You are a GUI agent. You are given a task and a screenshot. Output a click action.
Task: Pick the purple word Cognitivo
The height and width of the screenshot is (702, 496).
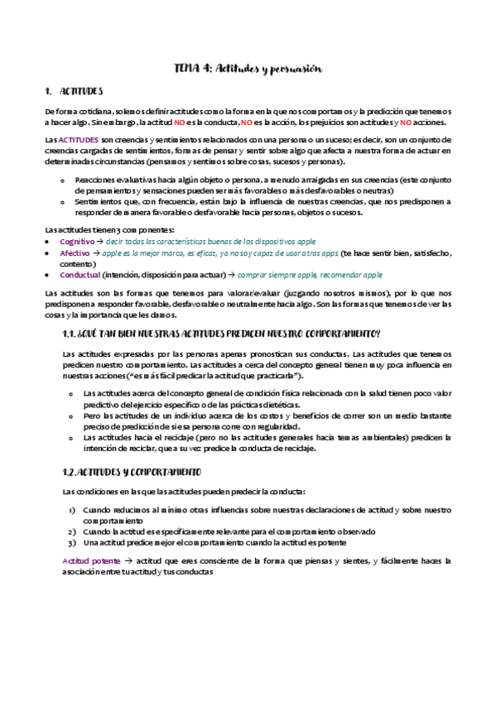pyautogui.click(x=76, y=241)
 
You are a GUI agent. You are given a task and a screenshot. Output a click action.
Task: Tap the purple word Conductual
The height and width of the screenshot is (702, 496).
pyautogui.click(x=79, y=275)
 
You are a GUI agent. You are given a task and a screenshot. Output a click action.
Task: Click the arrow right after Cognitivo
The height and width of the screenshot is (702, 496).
pyautogui.click(x=99, y=241)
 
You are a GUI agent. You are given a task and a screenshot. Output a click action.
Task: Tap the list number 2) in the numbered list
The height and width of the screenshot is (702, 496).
pyautogui.click(x=72, y=531)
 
